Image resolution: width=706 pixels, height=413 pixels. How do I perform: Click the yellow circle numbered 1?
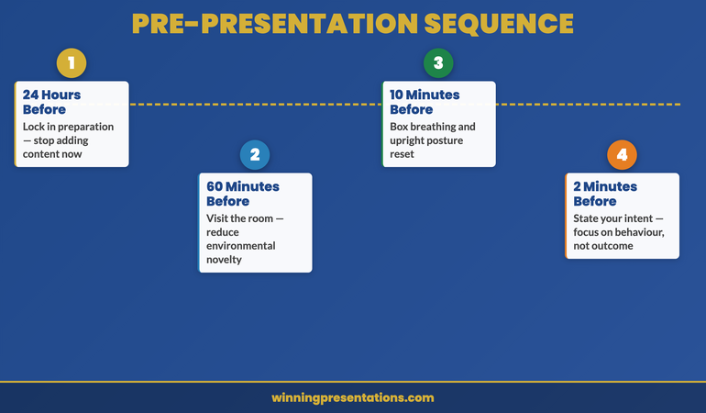point(72,63)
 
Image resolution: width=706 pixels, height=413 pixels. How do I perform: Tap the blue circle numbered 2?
point(255,155)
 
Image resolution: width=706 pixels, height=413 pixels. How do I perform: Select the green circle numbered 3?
point(438,63)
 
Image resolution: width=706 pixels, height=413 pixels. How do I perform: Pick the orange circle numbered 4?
point(622,155)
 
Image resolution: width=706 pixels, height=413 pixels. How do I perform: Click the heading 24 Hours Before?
point(51,102)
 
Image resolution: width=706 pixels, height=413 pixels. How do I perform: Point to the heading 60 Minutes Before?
point(243,194)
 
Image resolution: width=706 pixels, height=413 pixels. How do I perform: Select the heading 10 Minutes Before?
point(425,102)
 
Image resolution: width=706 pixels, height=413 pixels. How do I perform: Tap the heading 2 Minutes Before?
point(606,194)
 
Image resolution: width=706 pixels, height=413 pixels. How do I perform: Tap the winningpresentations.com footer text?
point(353,397)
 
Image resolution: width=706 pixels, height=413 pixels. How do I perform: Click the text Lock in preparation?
point(68,127)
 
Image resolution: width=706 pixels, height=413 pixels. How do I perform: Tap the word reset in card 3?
point(402,154)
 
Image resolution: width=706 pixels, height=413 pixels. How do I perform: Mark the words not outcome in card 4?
point(603,246)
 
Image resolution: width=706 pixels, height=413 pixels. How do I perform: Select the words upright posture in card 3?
point(426,140)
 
